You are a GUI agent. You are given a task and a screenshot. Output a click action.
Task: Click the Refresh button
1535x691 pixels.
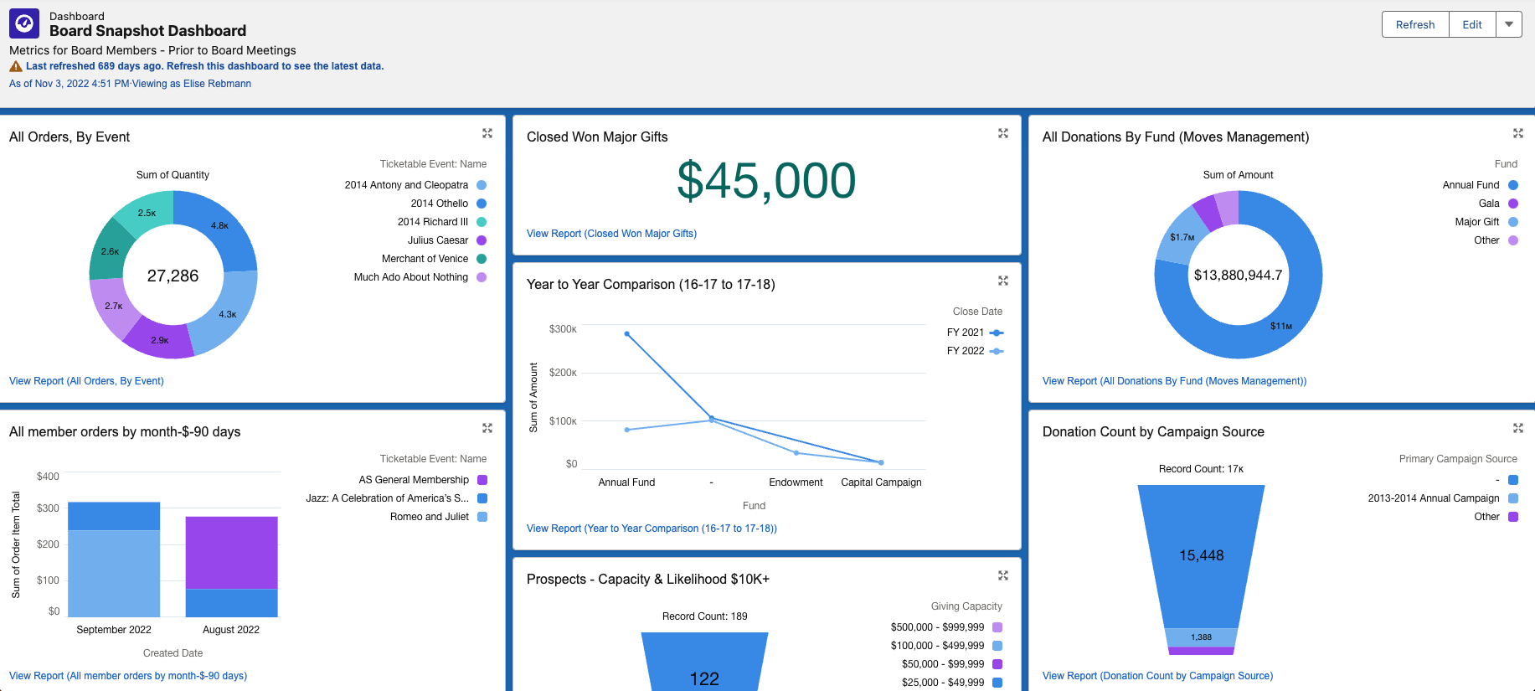tap(1414, 24)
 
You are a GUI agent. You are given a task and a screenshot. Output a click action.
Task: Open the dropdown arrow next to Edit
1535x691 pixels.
tap(1508, 24)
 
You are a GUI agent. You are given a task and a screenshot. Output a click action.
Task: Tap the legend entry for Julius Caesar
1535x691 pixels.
tap(437, 240)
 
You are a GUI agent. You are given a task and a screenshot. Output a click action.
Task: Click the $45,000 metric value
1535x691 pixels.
tap(765, 180)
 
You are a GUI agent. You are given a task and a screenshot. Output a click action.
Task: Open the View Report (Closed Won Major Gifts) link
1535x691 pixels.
tap(611, 234)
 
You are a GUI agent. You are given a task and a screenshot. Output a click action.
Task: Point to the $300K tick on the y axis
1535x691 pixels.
tap(563, 329)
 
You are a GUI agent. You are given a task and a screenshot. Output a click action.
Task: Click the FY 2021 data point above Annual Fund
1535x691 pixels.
tap(627, 333)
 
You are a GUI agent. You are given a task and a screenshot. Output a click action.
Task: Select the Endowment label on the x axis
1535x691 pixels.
tap(796, 482)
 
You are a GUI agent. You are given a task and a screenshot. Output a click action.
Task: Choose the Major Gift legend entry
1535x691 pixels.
tap(1477, 222)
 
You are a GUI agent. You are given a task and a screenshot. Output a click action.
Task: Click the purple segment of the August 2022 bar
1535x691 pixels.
tap(231, 553)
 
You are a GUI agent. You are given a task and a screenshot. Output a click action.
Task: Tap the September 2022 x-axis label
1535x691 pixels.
tap(114, 630)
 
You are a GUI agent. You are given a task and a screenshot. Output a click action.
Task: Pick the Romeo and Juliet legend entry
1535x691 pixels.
tap(430, 517)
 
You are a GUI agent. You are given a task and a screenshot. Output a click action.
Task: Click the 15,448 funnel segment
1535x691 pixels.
tap(1201, 555)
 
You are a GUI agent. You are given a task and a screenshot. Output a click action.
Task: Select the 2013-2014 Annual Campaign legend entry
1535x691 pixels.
tap(1434, 498)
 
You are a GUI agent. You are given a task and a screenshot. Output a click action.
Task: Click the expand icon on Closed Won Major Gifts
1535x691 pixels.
tap(1002, 134)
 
